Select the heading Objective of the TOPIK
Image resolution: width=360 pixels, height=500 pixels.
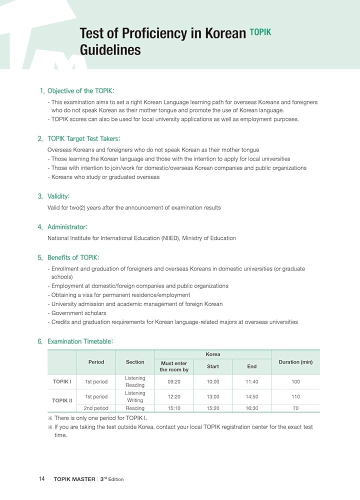click(80, 91)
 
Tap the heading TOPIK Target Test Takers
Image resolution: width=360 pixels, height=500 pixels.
click(83, 138)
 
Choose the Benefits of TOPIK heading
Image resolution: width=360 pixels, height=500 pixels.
click(73, 257)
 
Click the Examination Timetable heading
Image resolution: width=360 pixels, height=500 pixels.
click(80, 341)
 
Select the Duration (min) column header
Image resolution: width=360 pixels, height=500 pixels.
click(295, 362)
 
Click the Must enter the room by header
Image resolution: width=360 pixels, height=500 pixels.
click(174, 366)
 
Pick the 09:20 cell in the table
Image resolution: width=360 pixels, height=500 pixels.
click(174, 381)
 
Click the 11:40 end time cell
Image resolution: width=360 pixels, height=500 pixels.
click(251, 381)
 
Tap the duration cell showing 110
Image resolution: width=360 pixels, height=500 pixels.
click(295, 396)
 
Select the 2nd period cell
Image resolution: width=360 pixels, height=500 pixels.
click(96, 408)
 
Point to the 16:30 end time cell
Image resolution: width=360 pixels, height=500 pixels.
click(251, 408)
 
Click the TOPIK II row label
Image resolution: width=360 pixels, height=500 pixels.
click(62, 400)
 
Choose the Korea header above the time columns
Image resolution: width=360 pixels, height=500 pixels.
click(213, 354)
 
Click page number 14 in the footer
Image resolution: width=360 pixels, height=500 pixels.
click(42, 479)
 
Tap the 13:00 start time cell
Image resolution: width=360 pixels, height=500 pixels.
click(213, 396)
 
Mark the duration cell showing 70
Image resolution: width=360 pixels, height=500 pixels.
click(295, 408)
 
